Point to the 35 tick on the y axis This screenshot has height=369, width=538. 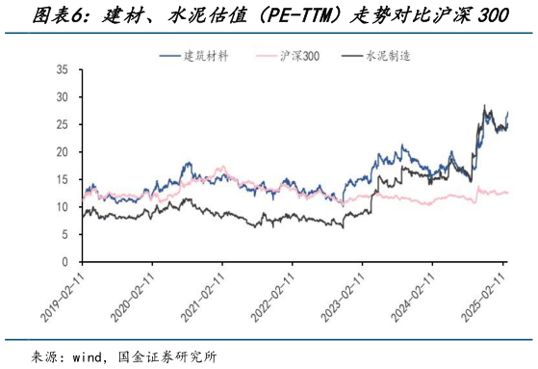tap(63, 70)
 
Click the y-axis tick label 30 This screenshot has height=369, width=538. tap(63, 97)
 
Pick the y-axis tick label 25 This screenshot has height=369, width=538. tap(63, 125)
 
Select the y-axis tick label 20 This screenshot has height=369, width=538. tap(63, 152)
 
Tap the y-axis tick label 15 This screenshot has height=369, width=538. tap(63, 179)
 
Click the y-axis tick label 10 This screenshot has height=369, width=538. tap(63, 207)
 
